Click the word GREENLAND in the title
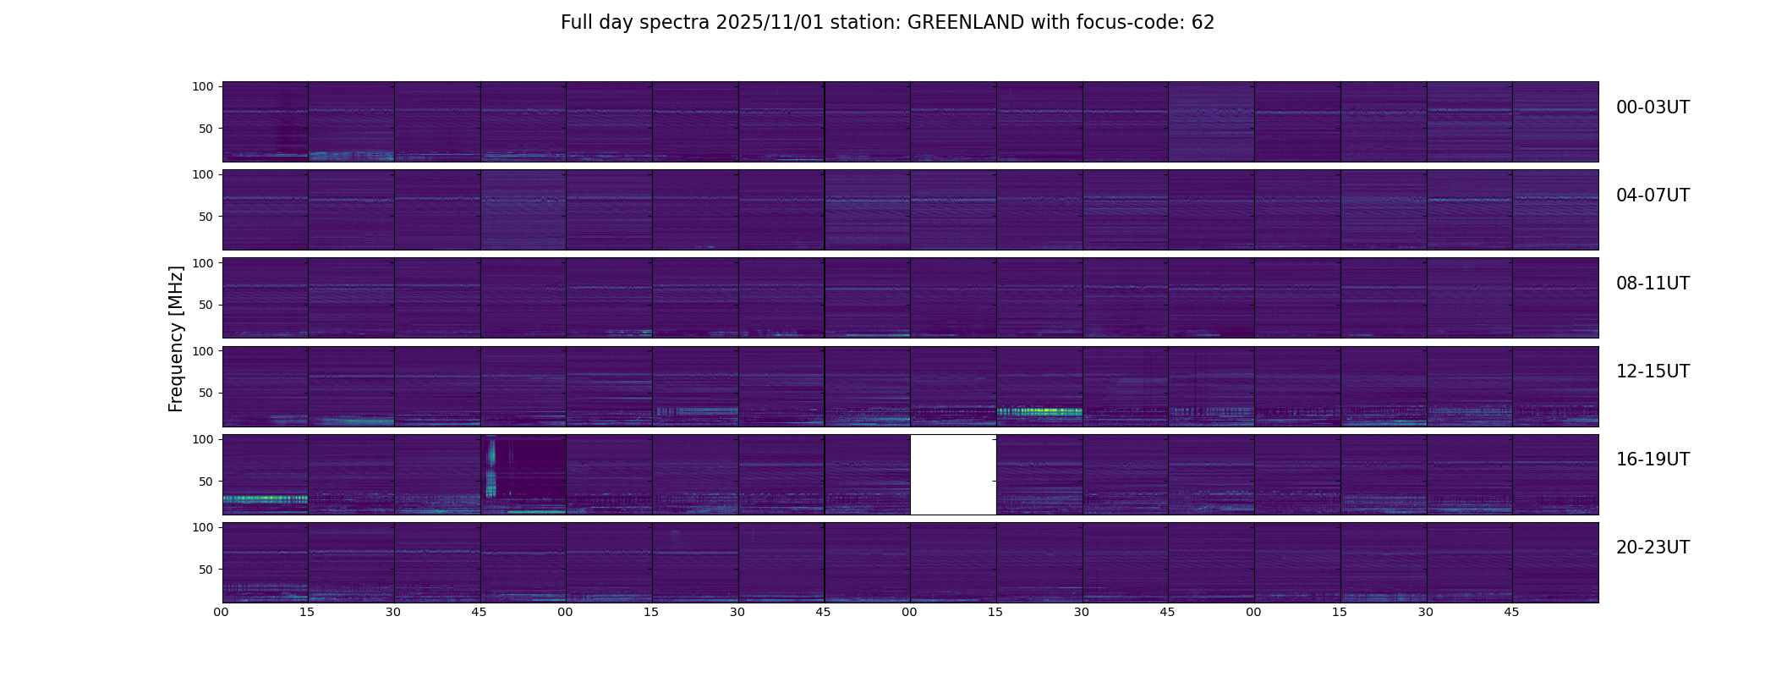(x=966, y=23)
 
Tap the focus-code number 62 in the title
(x=1203, y=23)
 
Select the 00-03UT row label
(x=1653, y=107)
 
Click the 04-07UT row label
(x=1653, y=195)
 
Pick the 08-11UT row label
(x=1653, y=283)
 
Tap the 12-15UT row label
(x=1653, y=372)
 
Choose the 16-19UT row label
(x=1653, y=460)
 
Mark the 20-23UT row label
(x=1653, y=548)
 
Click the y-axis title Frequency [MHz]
(x=176, y=338)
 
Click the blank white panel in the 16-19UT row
(x=953, y=475)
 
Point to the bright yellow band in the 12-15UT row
(x=1039, y=412)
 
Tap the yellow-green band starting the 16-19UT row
(x=264, y=499)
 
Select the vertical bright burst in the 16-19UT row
(x=491, y=471)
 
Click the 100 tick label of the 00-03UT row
(x=203, y=86)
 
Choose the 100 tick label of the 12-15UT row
(x=203, y=350)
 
